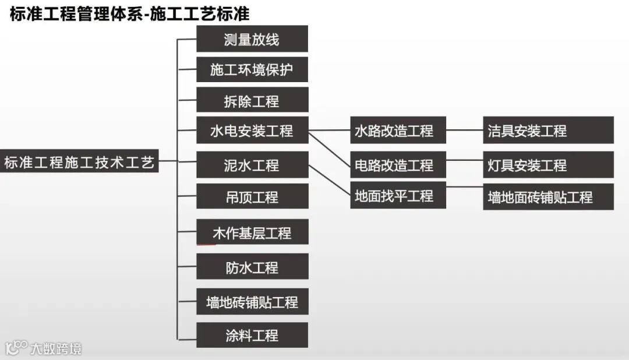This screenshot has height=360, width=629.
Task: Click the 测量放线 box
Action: (252, 39)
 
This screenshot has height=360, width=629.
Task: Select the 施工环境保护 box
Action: (252, 70)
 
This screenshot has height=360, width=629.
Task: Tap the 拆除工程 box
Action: (252, 100)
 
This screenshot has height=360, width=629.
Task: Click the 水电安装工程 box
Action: (252, 130)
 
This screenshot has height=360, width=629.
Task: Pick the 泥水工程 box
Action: (252, 165)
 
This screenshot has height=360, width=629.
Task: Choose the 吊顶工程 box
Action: (252, 196)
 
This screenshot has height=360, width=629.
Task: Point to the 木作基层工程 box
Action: (252, 233)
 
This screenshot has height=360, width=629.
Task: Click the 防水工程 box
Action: (252, 267)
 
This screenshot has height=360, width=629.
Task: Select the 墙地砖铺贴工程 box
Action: (252, 302)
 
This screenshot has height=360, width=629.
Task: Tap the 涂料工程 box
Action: (252, 336)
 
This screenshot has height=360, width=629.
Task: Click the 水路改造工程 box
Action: (398, 130)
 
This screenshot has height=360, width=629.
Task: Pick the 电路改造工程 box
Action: (398, 165)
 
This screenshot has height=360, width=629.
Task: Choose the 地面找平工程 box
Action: (398, 196)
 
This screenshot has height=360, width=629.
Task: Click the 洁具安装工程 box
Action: (548, 130)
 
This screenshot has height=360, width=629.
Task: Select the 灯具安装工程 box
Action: (548, 165)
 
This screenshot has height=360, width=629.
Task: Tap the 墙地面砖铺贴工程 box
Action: (548, 197)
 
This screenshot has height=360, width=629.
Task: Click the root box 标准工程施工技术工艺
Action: (80, 163)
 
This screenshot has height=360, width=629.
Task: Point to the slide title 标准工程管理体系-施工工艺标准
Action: (129, 14)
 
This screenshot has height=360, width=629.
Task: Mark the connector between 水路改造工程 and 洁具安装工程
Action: (464, 130)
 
